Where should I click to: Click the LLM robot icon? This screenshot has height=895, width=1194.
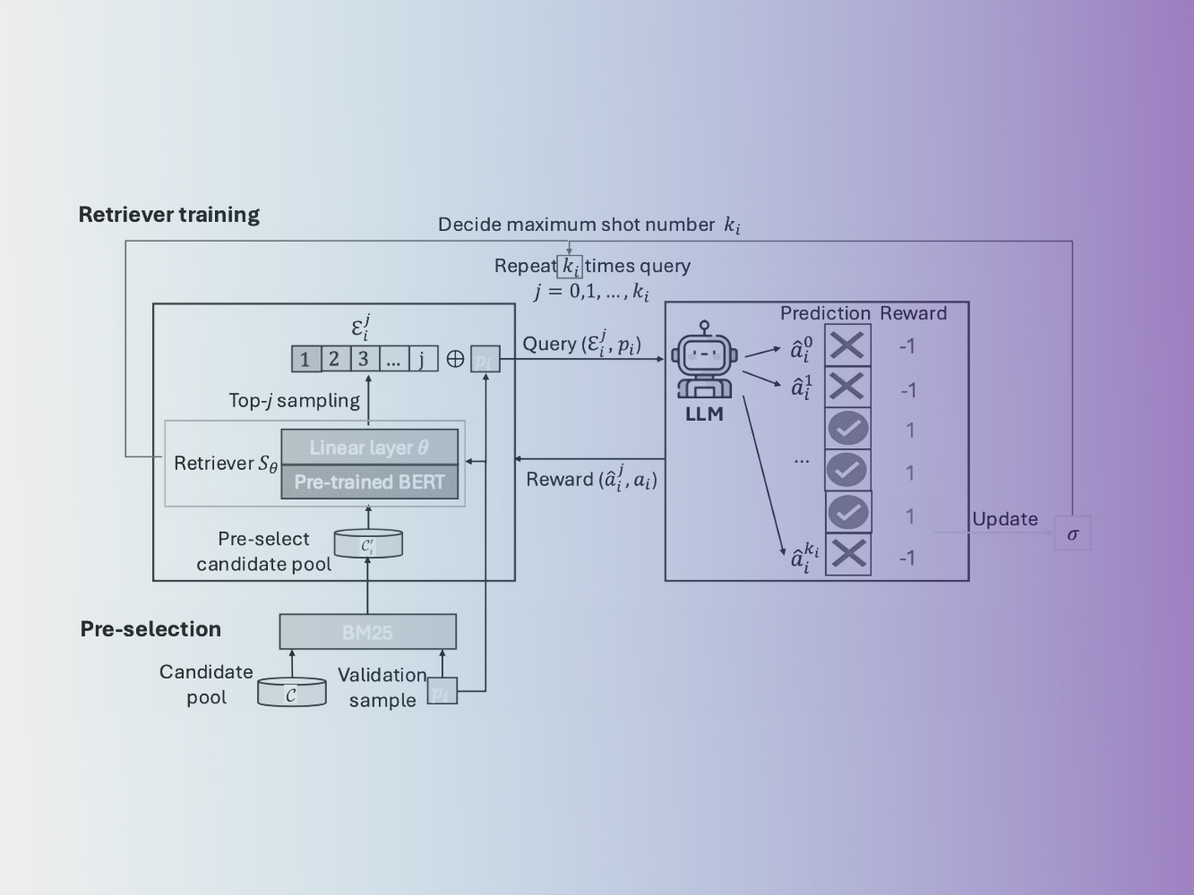(705, 362)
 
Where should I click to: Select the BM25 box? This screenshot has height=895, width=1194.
(367, 632)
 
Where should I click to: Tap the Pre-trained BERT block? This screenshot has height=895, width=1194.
(369, 482)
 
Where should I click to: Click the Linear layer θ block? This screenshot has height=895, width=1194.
(369, 447)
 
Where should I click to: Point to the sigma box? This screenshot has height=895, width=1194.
(1072, 534)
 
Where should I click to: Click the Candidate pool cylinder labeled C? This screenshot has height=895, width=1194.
(291, 693)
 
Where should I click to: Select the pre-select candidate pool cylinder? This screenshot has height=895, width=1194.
(367, 543)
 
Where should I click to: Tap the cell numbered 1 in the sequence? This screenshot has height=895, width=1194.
(305, 360)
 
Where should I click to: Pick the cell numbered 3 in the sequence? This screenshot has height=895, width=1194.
(363, 360)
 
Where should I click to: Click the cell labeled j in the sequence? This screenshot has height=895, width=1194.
(423, 360)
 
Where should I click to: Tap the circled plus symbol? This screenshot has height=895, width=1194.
(455, 360)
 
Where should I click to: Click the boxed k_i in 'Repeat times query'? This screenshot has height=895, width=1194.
(570, 267)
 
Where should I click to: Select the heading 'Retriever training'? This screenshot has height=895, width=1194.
(169, 215)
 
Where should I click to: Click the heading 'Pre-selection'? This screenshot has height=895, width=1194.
(150, 629)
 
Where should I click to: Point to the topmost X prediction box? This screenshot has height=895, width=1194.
(847, 345)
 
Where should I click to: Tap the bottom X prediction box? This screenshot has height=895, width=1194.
(847, 554)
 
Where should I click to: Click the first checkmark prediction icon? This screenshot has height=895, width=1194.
(847, 429)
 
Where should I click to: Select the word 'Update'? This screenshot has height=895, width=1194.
(1005, 519)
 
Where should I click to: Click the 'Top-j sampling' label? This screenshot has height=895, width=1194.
(294, 400)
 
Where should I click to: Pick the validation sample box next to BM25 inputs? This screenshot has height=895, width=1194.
(442, 692)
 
